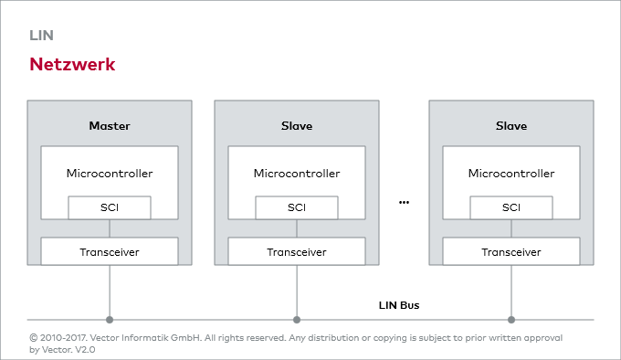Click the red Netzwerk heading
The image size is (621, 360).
[x=72, y=65]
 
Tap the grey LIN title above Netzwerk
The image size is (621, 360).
[x=42, y=36]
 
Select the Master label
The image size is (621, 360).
[x=110, y=125]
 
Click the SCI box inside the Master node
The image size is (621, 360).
[x=110, y=207]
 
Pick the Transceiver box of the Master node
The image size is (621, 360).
[x=110, y=251]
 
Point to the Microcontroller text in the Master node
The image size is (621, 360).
[x=110, y=173]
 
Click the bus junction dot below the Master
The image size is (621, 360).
[x=110, y=320]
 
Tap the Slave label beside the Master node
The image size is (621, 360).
[x=297, y=125]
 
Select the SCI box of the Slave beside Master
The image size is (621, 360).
[x=297, y=207]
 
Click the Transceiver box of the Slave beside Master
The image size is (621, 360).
[x=297, y=251]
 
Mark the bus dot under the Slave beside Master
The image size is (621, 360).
[x=297, y=320]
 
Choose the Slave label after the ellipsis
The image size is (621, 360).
[x=511, y=125]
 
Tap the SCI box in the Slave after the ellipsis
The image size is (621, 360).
[x=511, y=207]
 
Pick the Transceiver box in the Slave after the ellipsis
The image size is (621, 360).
[x=511, y=251]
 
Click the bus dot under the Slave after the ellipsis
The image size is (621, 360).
[x=511, y=320]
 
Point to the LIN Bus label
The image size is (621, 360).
[x=399, y=304]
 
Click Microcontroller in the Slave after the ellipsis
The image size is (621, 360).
[x=511, y=173]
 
